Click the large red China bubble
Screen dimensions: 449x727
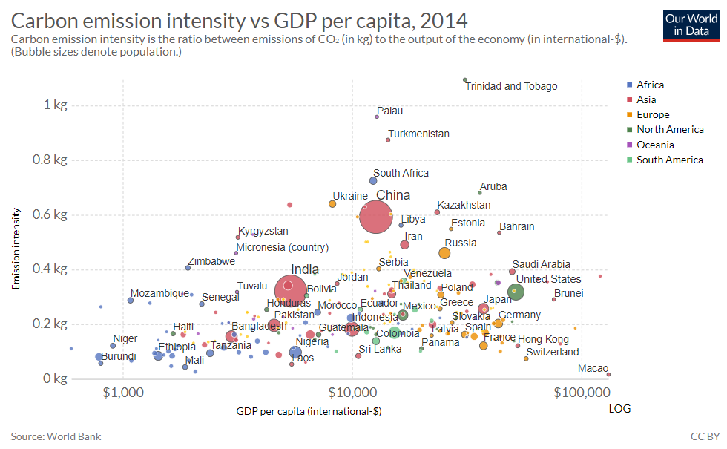pos(376,217)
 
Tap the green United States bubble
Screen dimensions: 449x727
pos(516,292)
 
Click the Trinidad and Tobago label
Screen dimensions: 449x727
pos(511,86)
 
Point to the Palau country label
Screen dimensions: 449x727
pos(390,111)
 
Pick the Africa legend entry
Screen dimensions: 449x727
pos(650,85)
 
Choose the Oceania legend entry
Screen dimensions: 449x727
pos(655,145)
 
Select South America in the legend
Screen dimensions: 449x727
pos(669,160)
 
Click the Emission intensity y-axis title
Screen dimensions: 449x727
pos(16,248)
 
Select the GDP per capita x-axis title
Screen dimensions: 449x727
pos(309,410)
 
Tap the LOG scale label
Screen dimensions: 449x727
pos(620,409)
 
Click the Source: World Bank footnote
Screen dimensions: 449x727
pos(56,436)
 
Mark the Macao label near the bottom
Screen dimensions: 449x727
pos(593,369)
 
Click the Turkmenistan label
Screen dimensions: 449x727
pos(418,134)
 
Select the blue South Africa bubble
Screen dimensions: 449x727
pos(374,180)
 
